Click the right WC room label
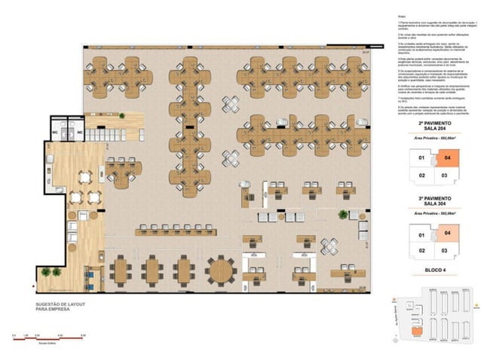[x=78, y=133]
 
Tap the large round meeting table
[x=220, y=269]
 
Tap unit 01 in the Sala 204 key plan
[x=422, y=159]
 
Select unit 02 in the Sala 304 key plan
[x=422, y=250]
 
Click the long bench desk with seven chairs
[x=174, y=230]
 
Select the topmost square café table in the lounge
[x=84, y=177]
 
